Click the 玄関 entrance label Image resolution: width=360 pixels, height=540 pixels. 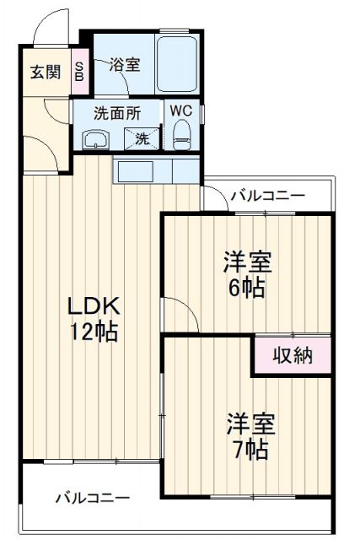click(x=46, y=72)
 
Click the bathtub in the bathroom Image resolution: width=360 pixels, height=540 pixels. click(x=177, y=66)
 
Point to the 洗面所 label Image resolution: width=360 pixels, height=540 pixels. click(x=116, y=112)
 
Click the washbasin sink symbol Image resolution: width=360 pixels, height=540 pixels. click(x=94, y=138)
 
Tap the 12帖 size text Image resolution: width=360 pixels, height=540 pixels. click(x=93, y=332)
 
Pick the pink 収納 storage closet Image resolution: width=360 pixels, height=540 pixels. click(x=293, y=355)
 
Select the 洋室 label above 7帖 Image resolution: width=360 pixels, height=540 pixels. click(x=249, y=421)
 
